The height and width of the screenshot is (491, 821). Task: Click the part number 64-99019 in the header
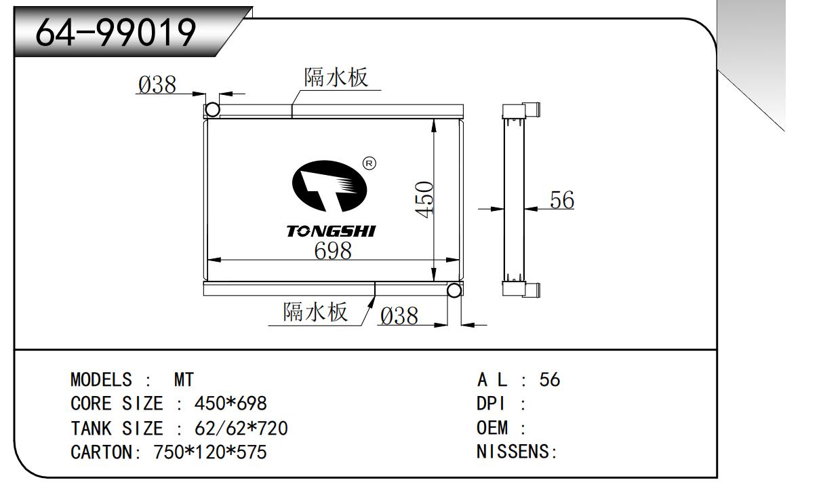pyautogui.click(x=116, y=31)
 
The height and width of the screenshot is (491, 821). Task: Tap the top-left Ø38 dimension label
pyautogui.click(x=157, y=85)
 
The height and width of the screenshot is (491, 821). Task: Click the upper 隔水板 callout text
pyautogui.click(x=336, y=78)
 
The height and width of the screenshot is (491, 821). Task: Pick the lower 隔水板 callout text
pyautogui.click(x=315, y=312)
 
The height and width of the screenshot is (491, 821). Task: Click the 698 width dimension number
pyautogui.click(x=333, y=251)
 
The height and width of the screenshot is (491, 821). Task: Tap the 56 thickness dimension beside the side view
pyautogui.click(x=562, y=200)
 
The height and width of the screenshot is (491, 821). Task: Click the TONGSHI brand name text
pyautogui.click(x=331, y=231)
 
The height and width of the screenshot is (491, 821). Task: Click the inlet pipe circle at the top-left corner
pyautogui.click(x=212, y=110)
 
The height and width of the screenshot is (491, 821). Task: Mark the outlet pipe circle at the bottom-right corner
pyautogui.click(x=454, y=290)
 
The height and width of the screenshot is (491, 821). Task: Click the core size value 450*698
pyautogui.click(x=231, y=404)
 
